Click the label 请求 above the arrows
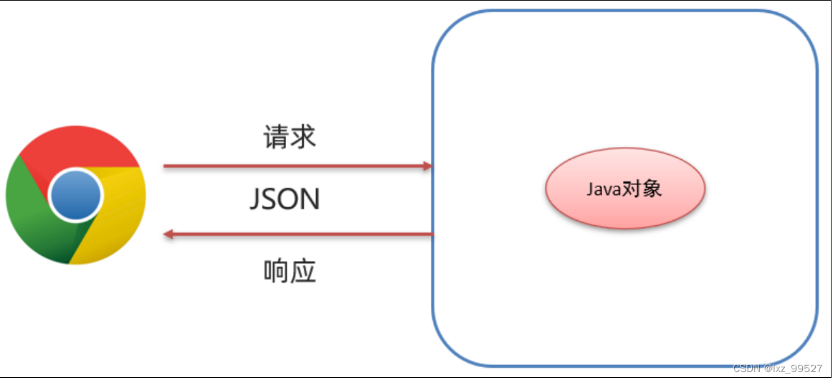(x=290, y=136)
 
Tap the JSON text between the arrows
(x=285, y=199)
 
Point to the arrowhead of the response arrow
(x=168, y=234)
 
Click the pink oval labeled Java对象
(x=625, y=189)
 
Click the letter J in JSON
(x=255, y=200)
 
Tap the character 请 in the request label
(x=277, y=136)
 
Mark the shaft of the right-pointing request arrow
(x=294, y=166)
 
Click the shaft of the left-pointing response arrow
(x=301, y=234)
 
